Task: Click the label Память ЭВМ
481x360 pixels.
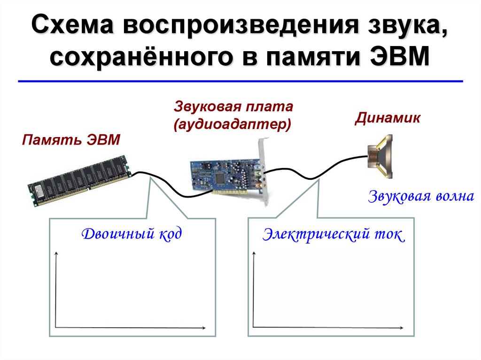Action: click(x=70, y=140)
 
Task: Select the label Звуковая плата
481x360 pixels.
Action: click(x=233, y=106)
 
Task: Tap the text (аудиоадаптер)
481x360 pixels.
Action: click(x=232, y=124)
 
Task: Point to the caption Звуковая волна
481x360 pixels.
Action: click(x=421, y=196)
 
